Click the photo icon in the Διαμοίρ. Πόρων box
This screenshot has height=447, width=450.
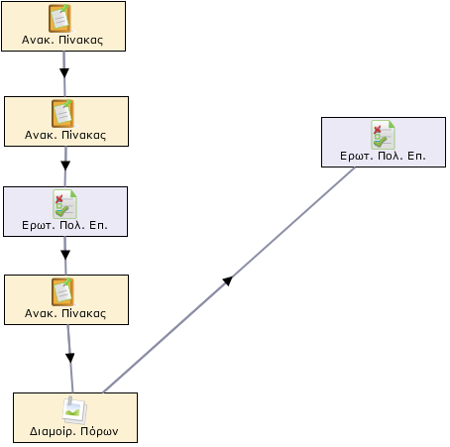(x=74, y=410)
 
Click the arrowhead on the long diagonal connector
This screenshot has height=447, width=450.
(x=228, y=280)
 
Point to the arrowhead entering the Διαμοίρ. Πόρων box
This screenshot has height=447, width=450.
(x=70, y=358)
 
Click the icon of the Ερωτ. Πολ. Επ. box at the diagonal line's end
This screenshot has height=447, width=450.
(x=383, y=135)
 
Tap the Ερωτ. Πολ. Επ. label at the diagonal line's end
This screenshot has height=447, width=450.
(x=383, y=156)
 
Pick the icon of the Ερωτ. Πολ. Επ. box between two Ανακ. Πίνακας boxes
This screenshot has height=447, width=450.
(x=64, y=204)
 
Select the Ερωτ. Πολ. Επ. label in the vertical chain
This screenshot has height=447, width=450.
(x=64, y=225)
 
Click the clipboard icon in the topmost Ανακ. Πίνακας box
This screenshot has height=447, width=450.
(x=59, y=19)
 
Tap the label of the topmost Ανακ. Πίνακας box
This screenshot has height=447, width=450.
(x=62, y=40)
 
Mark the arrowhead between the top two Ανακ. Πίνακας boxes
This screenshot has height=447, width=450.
(x=64, y=72)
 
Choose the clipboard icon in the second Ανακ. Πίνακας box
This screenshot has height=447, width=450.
(x=62, y=114)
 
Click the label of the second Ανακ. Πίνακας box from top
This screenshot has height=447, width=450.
(x=65, y=135)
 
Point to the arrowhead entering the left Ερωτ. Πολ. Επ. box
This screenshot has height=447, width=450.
(x=65, y=166)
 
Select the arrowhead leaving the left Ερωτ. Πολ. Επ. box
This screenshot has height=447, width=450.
(x=65, y=255)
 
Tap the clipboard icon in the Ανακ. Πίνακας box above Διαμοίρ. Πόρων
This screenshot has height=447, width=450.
(x=62, y=292)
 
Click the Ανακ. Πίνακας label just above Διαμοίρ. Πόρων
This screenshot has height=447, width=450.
(x=65, y=313)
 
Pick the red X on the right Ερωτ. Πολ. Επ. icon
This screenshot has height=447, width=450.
(x=377, y=130)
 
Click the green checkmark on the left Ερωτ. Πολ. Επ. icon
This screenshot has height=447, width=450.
(x=61, y=212)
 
